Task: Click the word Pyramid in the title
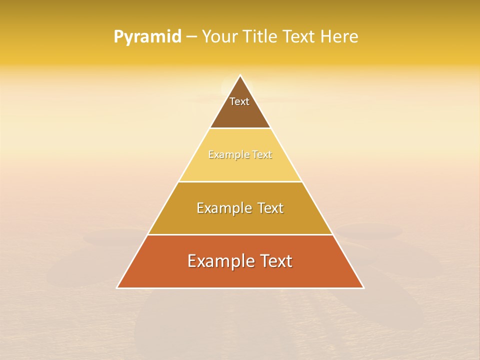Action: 147,37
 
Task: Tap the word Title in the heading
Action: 259,37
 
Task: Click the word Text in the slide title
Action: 299,37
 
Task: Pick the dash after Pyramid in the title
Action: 191,37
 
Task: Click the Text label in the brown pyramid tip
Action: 239,101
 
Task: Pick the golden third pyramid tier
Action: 240,222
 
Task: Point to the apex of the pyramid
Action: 240,76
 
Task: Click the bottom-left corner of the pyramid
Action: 117,287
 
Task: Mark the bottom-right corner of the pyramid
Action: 363,287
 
